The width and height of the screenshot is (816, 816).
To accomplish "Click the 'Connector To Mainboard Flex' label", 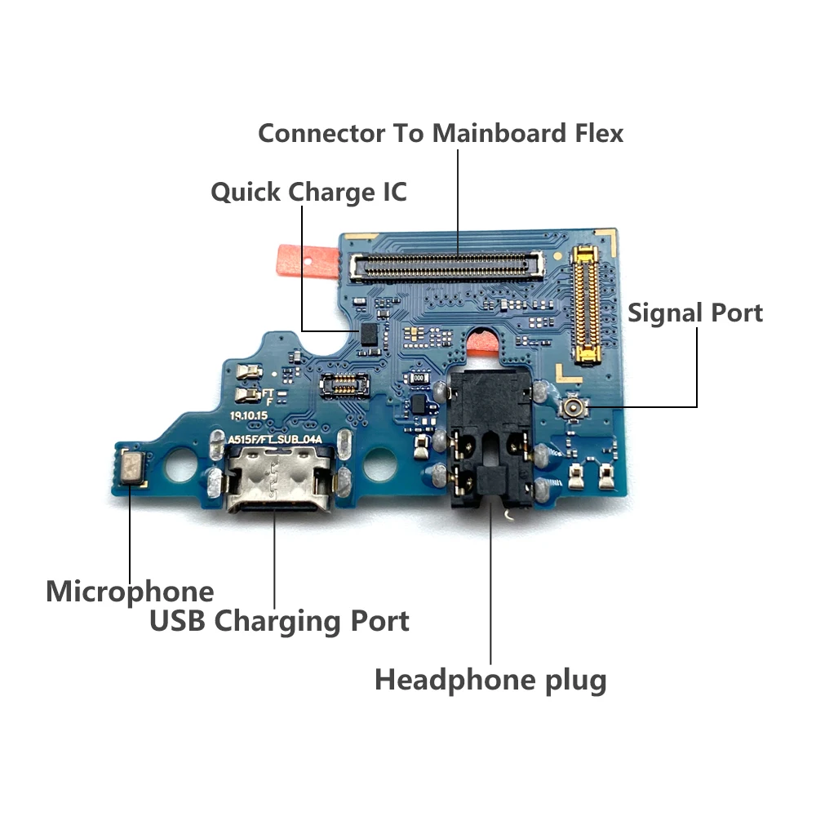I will coord(441,133).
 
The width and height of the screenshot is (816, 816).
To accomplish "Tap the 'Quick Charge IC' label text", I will coord(308,193).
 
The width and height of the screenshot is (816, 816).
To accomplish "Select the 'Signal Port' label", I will coord(695,313).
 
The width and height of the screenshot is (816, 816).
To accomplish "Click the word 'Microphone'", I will coord(130,591).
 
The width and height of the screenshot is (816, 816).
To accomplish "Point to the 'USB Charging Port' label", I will coord(279,621).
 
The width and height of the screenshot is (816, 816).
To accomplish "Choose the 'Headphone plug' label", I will coord(490,679).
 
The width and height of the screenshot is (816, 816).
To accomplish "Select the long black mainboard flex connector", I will coord(448,262).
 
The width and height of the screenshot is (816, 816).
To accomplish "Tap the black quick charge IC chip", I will coord(368,331).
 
